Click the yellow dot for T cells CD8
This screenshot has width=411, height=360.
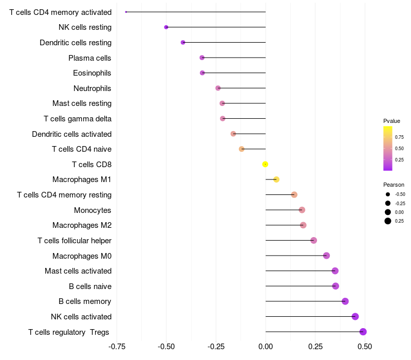pyautogui.click(x=265, y=164)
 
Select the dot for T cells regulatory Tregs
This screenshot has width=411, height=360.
pyautogui.click(x=363, y=332)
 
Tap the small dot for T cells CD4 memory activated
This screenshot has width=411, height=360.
pyautogui.click(x=126, y=12)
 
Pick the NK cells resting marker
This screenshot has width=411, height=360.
pyautogui.click(x=166, y=27)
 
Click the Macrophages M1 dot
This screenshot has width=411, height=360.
pyautogui.click(x=276, y=179)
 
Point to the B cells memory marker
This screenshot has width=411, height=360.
pyautogui.click(x=345, y=301)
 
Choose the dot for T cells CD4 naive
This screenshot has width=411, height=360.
pyautogui.click(x=241, y=149)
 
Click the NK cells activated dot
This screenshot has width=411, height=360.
pyautogui.click(x=355, y=317)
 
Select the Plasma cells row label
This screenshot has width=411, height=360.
pyautogui.click(x=90, y=58)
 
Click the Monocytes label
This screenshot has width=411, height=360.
pyautogui.click(x=92, y=210)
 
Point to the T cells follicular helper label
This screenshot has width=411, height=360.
pyautogui.click(x=74, y=241)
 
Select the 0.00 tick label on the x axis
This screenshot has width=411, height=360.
pyautogui.click(x=266, y=347)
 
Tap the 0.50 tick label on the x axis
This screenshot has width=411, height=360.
pyautogui.click(x=365, y=347)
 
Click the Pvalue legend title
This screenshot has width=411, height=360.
pyautogui.click(x=391, y=121)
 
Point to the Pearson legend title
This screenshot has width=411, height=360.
pyautogui.click(x=394, y=185)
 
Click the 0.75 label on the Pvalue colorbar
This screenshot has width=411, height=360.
pyautogui.click(x=399, y=137)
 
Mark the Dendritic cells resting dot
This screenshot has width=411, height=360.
pyautogui.click(x=183, y=42)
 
